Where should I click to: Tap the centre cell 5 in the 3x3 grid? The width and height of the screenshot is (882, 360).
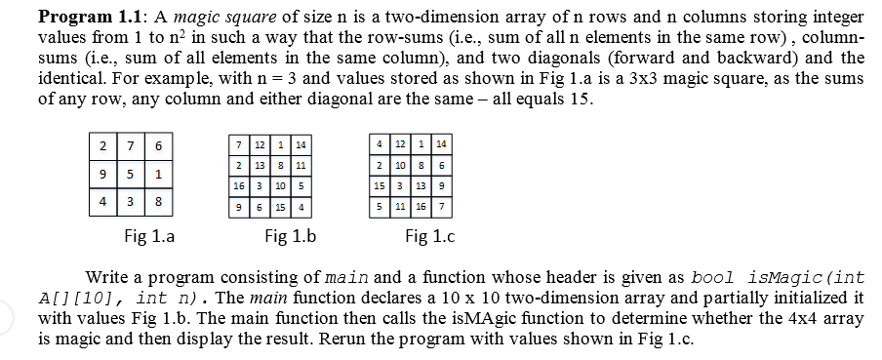[x=131, y=175]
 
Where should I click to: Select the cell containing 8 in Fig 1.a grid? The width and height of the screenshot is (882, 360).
[x=158, y=204]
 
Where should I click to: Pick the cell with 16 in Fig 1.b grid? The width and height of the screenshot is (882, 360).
[x=238, y=184]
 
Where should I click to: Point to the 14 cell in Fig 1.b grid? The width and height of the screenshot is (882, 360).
[x=301, y=145]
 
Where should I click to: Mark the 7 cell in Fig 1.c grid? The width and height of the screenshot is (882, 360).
[x=442, y=207]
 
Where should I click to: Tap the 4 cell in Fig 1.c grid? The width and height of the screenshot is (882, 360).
[x=379, y=145]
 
